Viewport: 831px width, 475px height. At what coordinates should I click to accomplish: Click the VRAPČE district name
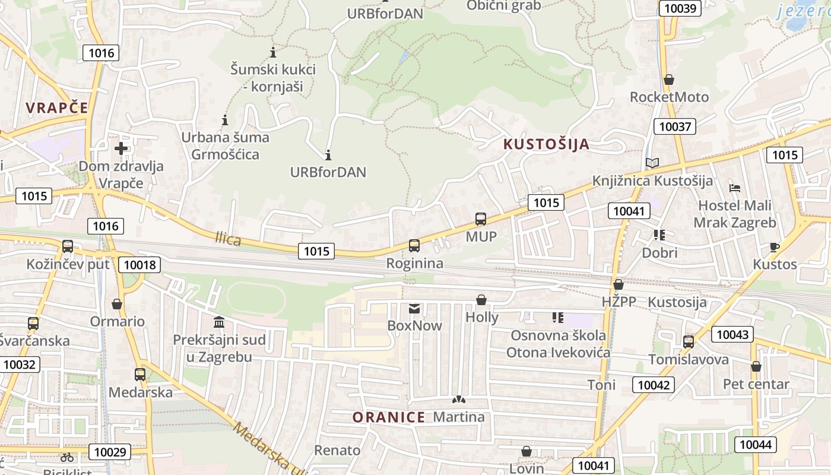(57, 107)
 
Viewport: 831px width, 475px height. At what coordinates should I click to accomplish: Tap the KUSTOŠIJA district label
(547, 144)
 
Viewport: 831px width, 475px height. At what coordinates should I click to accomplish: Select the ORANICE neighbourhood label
(389, 417)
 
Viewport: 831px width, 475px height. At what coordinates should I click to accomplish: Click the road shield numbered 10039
(680, 8)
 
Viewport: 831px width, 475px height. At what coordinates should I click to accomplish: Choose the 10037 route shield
(675, 126)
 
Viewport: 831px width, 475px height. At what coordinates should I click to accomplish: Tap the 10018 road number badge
(139, 264)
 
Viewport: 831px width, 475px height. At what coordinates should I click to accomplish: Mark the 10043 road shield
(732, 334)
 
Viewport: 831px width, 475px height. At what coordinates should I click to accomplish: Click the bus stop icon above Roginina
(414, 245)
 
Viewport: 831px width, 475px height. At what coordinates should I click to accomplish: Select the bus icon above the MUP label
(481, 219)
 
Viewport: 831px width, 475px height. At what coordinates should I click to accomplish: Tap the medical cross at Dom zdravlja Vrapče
(121, 148)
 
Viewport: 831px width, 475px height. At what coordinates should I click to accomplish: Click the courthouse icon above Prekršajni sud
(219, 322)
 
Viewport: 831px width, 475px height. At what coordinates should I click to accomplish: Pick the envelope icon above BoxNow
(414, 308)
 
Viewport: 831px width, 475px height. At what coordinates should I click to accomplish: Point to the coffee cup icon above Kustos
(774, 247)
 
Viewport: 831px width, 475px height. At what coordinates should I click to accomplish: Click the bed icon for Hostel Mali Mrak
(735, 188)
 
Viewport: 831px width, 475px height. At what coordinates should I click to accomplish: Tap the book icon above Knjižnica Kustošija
(652, 163)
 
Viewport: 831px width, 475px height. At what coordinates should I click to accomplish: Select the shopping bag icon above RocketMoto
(669, 79)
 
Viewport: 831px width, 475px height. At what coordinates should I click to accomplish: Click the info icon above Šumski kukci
(273, 52)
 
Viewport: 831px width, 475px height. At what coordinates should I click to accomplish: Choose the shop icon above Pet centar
(756, 366)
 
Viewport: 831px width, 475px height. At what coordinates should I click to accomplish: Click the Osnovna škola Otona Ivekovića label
(558, 344)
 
